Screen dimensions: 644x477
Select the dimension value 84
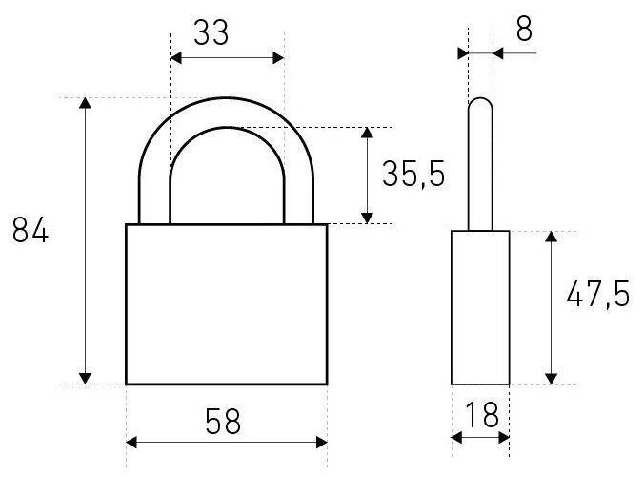pos(30,232)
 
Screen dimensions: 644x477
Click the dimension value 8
pos(523,28)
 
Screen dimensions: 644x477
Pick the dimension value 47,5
pos(596,296)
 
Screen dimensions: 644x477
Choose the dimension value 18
pos(480,415)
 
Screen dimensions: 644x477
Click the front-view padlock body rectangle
pos(227,303)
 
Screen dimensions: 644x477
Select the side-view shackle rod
pos(480,162)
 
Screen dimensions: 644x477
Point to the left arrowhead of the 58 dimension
pos(133,442)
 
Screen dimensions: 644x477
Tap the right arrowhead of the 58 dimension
pos(320,442)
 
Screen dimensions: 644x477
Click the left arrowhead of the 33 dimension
pos(176,58)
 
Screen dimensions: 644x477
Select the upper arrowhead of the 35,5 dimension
pos(367,135)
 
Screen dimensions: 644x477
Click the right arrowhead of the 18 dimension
pos(504,438)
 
